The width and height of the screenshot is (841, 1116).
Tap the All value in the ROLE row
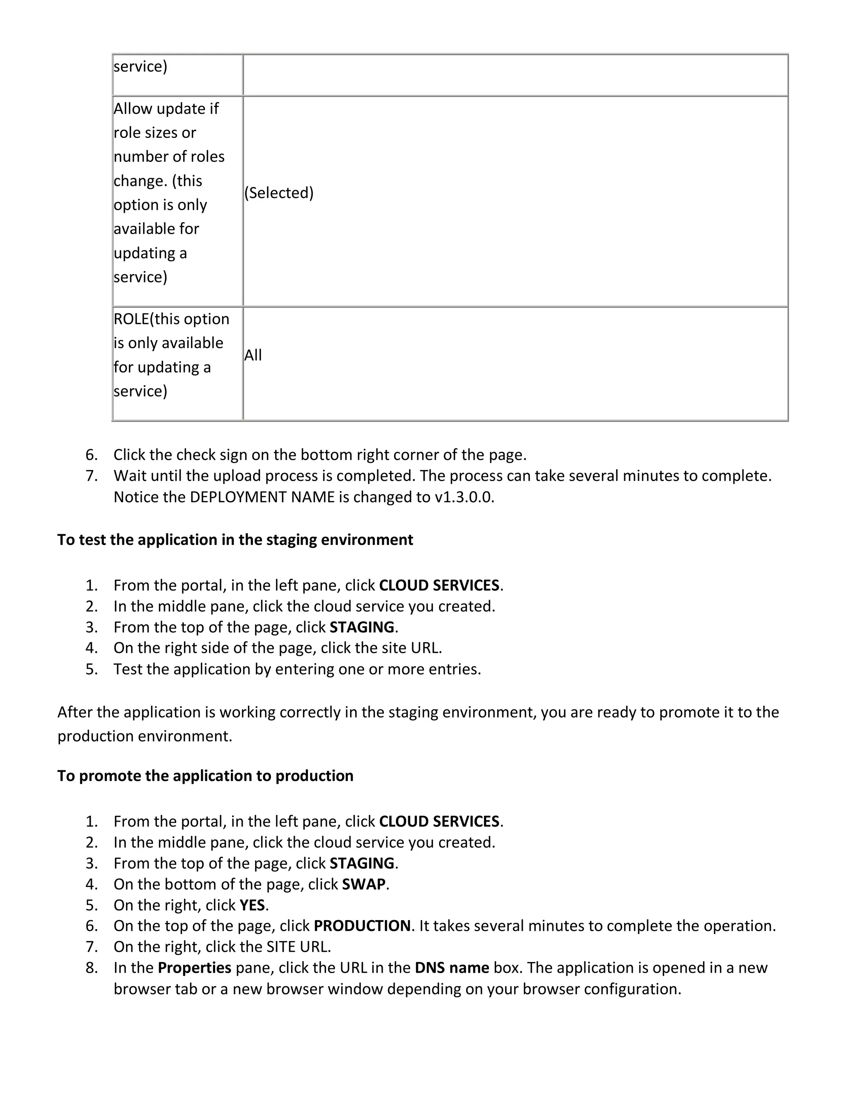[x=253, y=355]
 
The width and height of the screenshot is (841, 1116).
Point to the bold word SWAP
[x=363, y=884]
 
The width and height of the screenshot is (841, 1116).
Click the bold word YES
[x=252, y=905]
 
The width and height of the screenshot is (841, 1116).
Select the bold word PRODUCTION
[x=362, y=926]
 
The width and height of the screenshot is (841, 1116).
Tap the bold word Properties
[x=194, y=968]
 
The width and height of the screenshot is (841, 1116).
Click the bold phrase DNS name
[x=452, y=968]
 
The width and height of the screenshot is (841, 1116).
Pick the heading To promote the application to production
[x=205, y=776]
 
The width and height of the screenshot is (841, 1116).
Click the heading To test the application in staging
[x=235, y=540]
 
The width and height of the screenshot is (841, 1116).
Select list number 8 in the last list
[x=91, y=968]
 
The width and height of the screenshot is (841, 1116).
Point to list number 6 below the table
[x=91, y=455]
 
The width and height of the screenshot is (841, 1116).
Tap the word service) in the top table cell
[x=140, y=66]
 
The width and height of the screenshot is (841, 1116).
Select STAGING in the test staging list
[x=362, y=627]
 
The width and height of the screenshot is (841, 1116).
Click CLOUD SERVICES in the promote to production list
[x=439, y=821]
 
